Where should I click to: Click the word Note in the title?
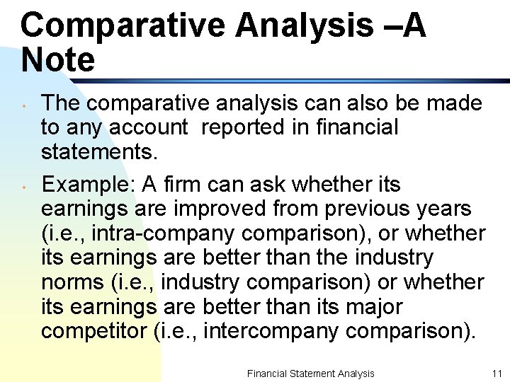coord(57,59)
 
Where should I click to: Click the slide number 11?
coord(496,374)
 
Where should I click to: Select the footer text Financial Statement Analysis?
coord(310,374)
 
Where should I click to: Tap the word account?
coord(148,127)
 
